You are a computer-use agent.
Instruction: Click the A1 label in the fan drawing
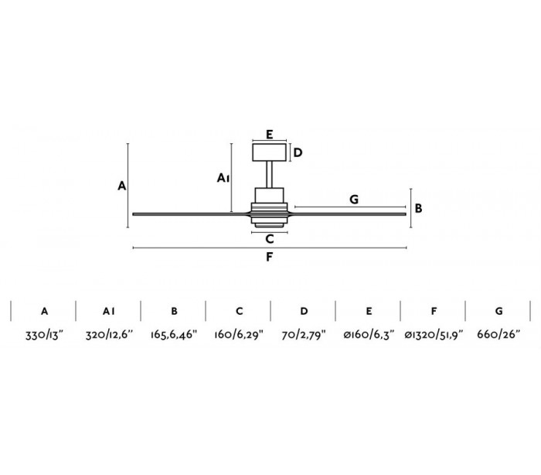click(223, 178)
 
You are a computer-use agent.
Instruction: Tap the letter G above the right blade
click(354, 200)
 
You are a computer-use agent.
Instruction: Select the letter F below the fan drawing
click(270, 257)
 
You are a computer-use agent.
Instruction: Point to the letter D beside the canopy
click(298, 152)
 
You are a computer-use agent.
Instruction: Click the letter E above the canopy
click(270, 134)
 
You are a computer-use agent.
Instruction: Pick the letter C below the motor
click(270, 239)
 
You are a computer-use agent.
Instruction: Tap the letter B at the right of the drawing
click(418, 208)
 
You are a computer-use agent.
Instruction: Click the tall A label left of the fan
click(122, 186)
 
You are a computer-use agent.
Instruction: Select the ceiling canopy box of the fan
click(269, 152)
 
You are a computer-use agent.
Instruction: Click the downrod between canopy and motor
click(270, 175)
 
